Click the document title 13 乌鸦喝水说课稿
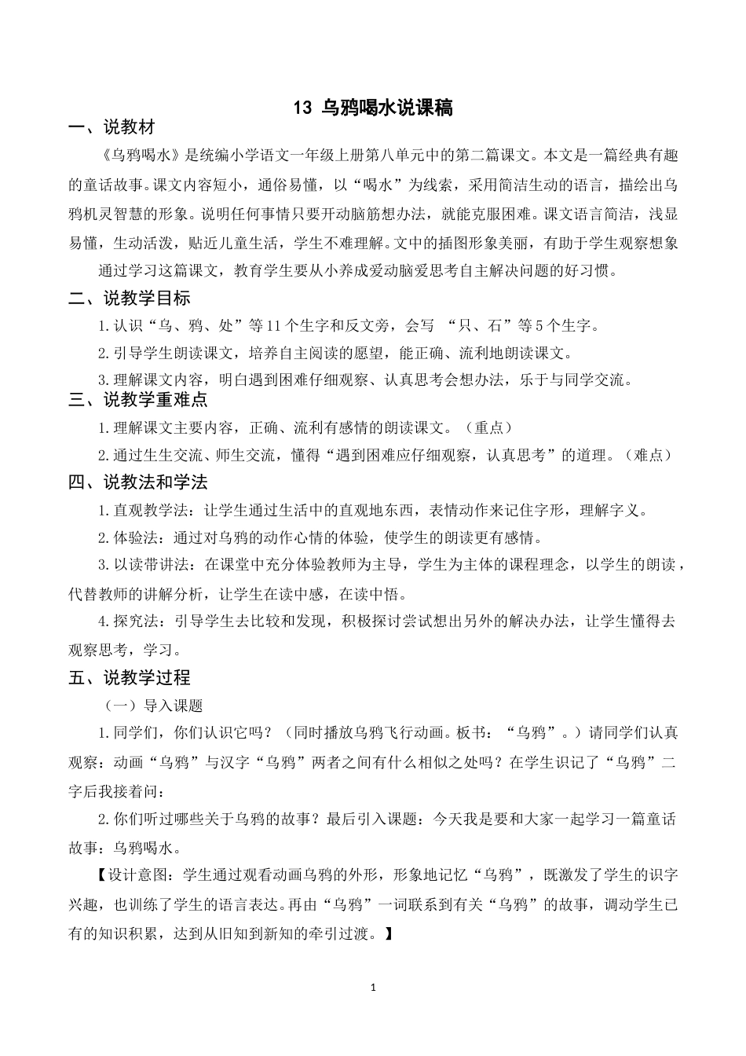(373, 108)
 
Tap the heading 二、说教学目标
(130, 298)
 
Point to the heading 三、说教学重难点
(138, 399)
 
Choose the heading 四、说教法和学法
(138, 482)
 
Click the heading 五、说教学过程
(130, 676)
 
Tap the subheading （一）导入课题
(154, 706)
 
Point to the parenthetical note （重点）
(488, 427)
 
